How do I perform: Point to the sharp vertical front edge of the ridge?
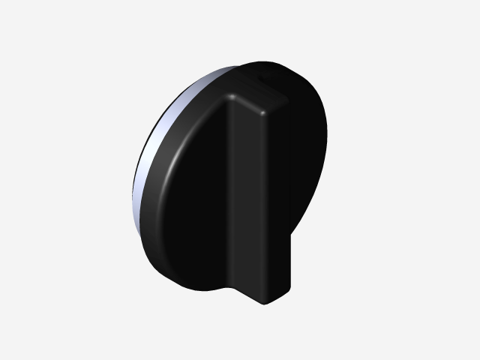pos(265,202)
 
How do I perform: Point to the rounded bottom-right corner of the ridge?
pos(289,288)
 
